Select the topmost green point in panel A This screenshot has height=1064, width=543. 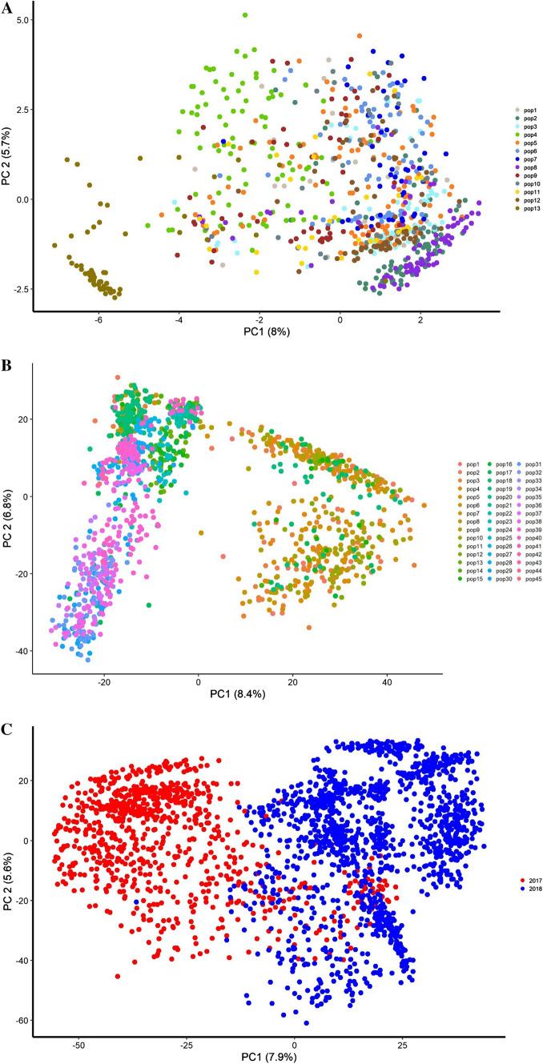245,15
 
